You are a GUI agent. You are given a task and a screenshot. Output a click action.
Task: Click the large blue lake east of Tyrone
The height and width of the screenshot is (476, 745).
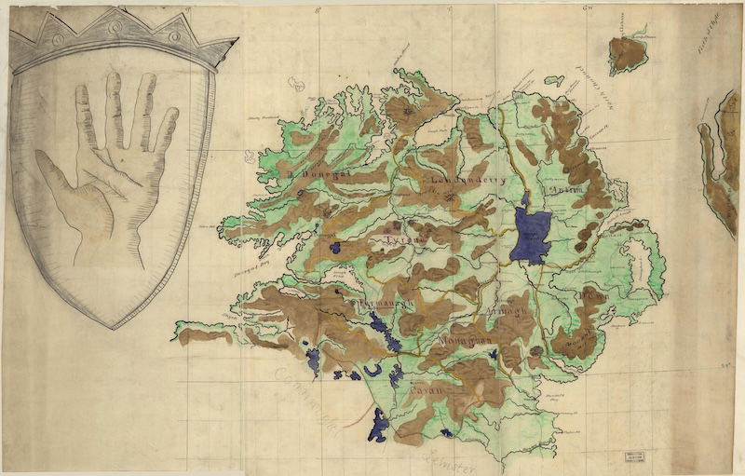point(531,234)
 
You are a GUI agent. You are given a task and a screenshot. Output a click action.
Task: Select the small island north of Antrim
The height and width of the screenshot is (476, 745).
point(628,53)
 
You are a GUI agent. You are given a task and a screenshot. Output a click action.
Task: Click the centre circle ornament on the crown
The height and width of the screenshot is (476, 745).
point(115,27)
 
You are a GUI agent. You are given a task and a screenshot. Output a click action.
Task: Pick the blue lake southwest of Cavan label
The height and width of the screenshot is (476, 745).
point(378,427)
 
